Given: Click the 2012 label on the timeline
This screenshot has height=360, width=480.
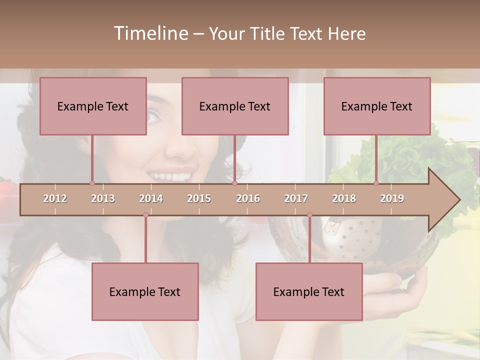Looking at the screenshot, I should tap(55, 198).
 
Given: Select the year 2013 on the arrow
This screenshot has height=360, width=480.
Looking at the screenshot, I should tap(103, 198).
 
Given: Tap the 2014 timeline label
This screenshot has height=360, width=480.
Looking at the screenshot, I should tap(151, 198).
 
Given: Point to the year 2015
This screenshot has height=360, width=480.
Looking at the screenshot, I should tap(199, 198).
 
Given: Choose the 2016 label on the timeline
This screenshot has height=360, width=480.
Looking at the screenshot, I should tap(248, 198).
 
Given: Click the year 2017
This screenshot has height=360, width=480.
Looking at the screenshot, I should tap(296, 198).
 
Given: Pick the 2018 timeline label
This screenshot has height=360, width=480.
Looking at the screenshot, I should tap(344, 198).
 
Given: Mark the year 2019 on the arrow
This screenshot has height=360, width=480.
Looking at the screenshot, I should tap(392, 198).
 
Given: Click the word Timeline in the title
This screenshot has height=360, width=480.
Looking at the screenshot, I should tap(150, 33).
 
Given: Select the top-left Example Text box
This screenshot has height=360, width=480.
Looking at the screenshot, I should tap(93, 106).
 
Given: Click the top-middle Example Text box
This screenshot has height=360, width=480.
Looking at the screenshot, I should tap(235, 106).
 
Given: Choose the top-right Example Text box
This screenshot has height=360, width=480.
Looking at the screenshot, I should tap(377, 106).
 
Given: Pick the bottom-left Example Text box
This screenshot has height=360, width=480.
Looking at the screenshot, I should tap(145, 291).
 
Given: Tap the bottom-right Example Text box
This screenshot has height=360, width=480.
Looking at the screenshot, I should tap(309, 291).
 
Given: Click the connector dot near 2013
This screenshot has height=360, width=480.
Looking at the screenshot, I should tap(92, 183).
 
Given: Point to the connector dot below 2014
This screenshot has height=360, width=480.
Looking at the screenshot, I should tap(145, 215).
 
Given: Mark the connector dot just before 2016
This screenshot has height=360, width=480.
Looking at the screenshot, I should tap(234, 183).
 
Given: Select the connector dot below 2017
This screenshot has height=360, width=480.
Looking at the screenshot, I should tap(309, 215).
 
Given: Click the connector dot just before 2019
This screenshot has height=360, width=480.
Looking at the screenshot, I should tap(376, 183).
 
